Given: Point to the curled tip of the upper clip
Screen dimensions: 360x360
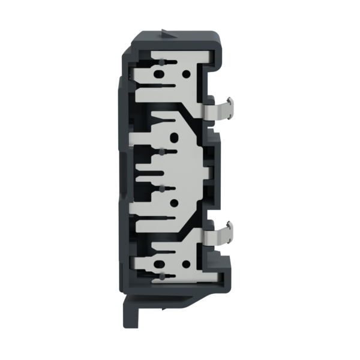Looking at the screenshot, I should click(x=230, y=100).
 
